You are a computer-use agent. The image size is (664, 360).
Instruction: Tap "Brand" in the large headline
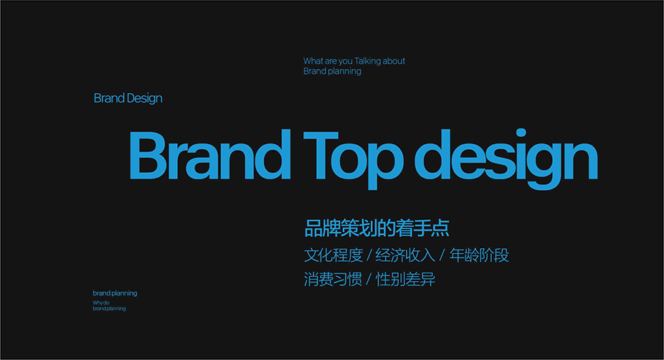click(x=210, y=155)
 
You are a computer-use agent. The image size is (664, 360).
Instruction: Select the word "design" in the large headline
click(x=506, y=158)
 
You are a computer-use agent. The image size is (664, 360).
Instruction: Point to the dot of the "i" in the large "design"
click(x=521, y=133)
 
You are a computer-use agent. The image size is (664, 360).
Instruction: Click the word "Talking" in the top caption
click(x=367, y=61)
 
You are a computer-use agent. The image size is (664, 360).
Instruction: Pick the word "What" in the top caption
click(x=313, y=61)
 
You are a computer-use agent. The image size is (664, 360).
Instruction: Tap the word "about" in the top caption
click(x=394, y=61)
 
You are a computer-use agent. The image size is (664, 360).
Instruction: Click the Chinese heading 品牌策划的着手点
click(x=377, y=228)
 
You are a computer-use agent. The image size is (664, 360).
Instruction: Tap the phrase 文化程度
click(x=333, y=255)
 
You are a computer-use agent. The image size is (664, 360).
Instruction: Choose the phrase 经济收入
click(x=405, y=255)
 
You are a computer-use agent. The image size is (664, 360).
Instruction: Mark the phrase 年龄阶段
click(x=479, y=255)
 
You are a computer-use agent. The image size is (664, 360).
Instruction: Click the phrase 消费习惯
click(x=333, y=279)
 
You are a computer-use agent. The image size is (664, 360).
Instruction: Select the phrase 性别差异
click(x=406, y=279)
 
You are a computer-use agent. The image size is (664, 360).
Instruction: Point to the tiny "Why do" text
click(x=101, y=303)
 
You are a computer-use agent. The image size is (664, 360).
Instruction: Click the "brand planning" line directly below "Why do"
click(x=109, y=309)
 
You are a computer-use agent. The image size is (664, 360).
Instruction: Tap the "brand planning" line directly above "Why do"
click(x=115, y=293)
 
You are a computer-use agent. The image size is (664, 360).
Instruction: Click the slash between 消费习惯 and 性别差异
click(x=369, y=280)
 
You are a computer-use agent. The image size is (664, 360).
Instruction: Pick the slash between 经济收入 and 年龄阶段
click(x=442, y=255)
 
